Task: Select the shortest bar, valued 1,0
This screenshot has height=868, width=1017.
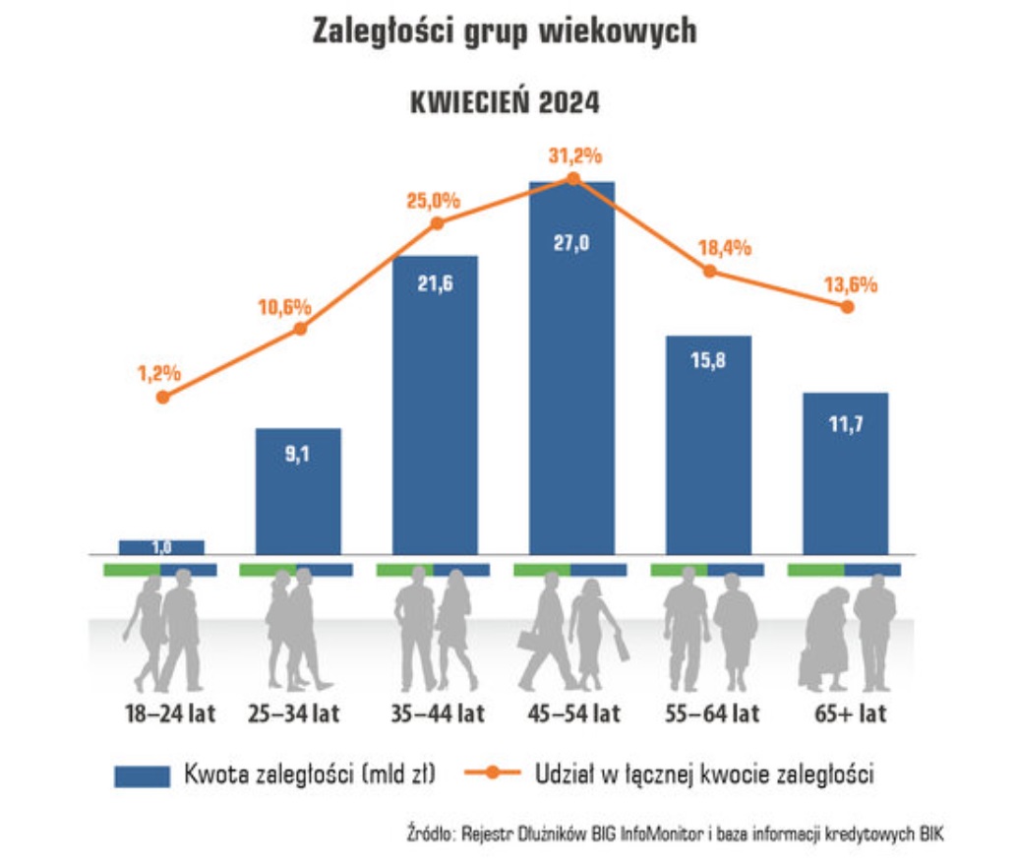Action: [x=161, y=547]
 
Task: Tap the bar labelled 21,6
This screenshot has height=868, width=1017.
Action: [x=435, y=403]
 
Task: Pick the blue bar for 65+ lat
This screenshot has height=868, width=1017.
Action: [x=845, y=472]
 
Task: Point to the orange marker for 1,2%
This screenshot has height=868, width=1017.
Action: [x=163, y=397]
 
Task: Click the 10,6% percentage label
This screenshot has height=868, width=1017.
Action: [x=285, y=306]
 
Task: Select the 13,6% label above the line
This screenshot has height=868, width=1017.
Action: [x=850, y=285]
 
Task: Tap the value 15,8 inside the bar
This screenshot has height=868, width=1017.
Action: [x=708, y=360]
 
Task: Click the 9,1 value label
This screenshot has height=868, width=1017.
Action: [x=298, y=454]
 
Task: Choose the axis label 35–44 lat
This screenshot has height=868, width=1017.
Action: [x=435, y=713]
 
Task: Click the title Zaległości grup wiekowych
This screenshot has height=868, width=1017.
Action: [x=505, y=31]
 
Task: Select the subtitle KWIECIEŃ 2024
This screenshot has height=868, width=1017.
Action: [x=505, y=102]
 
